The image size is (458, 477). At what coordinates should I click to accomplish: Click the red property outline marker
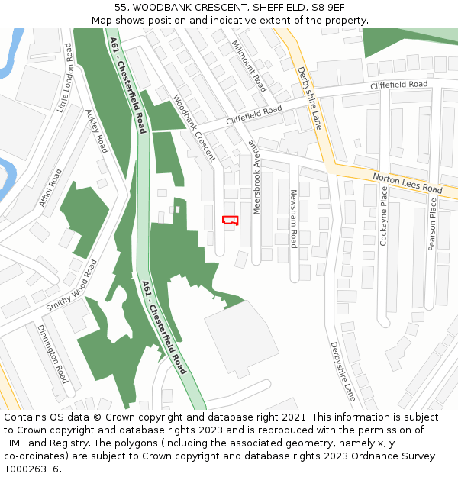[230, 220]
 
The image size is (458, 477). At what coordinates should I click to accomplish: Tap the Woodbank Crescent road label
[194, 127]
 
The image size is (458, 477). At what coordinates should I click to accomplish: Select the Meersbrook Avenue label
[256, 177]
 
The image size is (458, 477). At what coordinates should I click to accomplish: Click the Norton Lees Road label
[407, 183]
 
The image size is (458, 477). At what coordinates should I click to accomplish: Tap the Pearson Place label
[432, 224]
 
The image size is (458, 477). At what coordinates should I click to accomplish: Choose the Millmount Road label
[249, 66]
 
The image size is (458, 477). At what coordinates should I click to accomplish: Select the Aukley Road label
[97, 131]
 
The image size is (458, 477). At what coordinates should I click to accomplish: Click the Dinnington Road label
[53, 353]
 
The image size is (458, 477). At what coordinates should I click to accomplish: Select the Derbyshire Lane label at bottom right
[343, 371]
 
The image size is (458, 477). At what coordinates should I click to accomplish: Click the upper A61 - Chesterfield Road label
[127, 85]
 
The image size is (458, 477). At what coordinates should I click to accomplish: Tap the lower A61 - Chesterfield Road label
[163, 326]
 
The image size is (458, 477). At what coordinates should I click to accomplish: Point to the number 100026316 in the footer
[32, 469]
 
